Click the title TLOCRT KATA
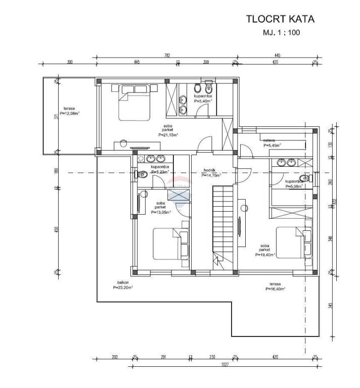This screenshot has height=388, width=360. pyautogui.click(x=280, y=20)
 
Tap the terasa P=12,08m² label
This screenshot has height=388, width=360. pyautogui.click(x=70, y=111)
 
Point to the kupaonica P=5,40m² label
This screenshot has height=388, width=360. pyautogui.click(x=202, y=99)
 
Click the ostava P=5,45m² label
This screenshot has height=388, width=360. pyautogui.click(x=272, y=142)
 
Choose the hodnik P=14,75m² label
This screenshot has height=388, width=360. pyautogui.click(x=211, y=173)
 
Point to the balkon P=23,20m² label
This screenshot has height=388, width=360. pyautogui.click(x=123, y=285)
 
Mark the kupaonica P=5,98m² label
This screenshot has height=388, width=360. pyautogui.click(x=293, y=183)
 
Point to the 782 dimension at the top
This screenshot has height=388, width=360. pyautogui.click(x=167, y=55)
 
